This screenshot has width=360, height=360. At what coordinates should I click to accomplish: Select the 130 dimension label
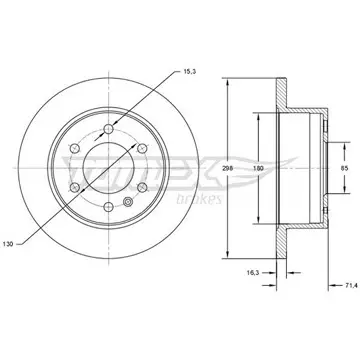pos(8,244)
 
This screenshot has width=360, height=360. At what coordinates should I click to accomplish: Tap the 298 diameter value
pos(227,168)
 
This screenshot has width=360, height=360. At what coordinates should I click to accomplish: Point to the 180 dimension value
pos(258,168)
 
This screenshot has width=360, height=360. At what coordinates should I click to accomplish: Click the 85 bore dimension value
pos(344,168)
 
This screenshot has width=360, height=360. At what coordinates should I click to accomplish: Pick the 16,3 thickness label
pos(252,273)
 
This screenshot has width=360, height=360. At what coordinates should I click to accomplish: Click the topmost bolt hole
pos(109,129)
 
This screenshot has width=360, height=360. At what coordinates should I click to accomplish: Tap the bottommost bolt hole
pos(109,207)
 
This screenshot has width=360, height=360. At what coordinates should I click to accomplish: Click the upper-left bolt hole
pos(75,148)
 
